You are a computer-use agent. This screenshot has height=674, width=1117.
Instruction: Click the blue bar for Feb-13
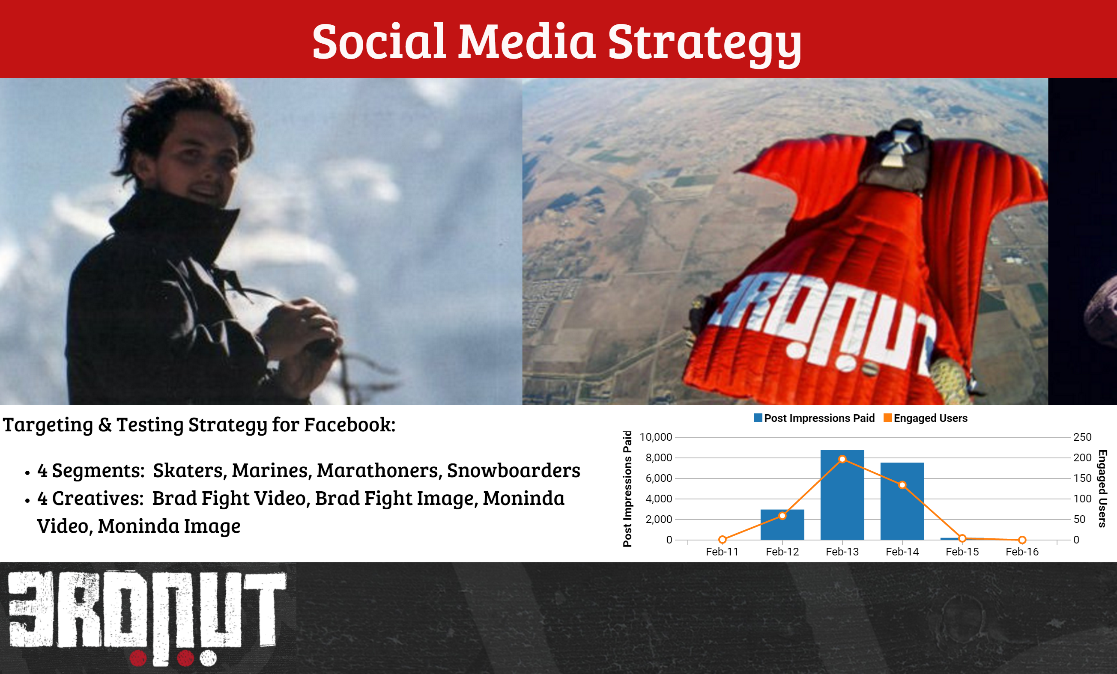pyautogui.click(x=842, y=495)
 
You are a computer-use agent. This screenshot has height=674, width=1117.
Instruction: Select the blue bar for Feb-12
pyautogui.click(x=782, y=525)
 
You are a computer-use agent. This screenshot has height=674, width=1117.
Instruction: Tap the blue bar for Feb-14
pyautogui.click(x=902, y=501)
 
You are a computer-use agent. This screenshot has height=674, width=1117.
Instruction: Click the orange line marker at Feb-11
pyautogui.click(x=723, y=540)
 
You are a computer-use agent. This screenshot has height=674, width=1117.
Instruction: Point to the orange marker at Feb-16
pyautogui.click(x=1022, y=540)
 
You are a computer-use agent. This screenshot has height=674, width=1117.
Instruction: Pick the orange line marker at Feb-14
pyautogui.click(x=902, y=485)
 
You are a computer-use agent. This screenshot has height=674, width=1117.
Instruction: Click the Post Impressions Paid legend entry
pyautogui.click(x=814, y=418)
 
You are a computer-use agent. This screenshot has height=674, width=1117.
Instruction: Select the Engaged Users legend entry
pyautogui.click(x=926, y=418)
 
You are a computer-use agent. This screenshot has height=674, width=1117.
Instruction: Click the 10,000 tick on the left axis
pyautogui.click(x=656, y=437)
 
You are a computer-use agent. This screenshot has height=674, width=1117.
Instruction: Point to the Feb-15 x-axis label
pyautogui.click(x=962, y=552)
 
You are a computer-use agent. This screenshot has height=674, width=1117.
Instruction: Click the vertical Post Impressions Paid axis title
pyautogui.click(x=627, y=489)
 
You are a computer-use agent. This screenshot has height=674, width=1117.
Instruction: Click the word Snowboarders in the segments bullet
pyautogui.click(x=514, y=471)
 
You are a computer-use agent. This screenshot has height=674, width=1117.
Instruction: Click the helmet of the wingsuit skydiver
pyautogui.click(x=900, y=143)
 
